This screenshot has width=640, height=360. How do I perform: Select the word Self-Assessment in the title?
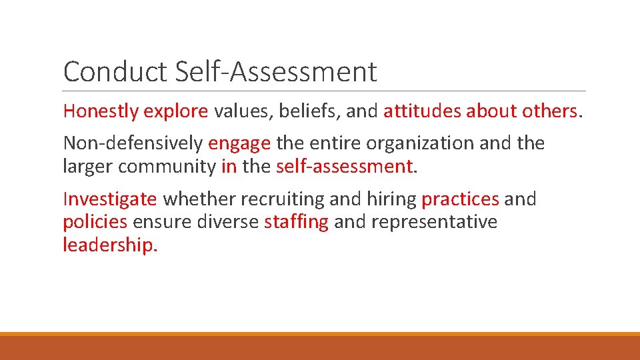[276, 72]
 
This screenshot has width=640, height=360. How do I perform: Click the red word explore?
[176, 111]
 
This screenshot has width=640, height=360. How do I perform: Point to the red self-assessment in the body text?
[344, 166]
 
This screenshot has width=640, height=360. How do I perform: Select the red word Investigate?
[110, 199]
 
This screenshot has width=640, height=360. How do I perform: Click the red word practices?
[460, 199]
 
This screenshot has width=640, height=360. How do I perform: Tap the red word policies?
[95, 222]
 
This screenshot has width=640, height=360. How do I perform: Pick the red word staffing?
[296, 222]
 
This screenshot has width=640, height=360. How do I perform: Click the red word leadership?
[109, 245]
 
